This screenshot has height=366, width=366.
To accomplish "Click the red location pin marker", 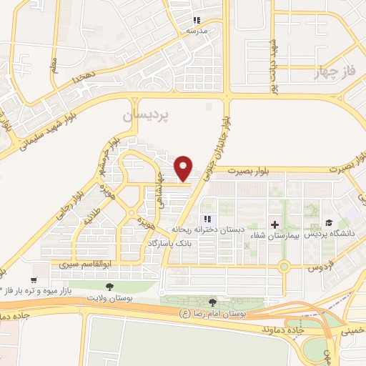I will coord(184,167).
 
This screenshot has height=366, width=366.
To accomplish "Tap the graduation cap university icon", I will coord(328,224).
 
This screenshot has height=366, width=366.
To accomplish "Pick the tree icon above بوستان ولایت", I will coord(109,286).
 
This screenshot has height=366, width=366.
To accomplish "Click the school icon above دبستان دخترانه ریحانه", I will coord(207,219).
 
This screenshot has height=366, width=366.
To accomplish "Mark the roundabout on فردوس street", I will coord(284,267).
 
